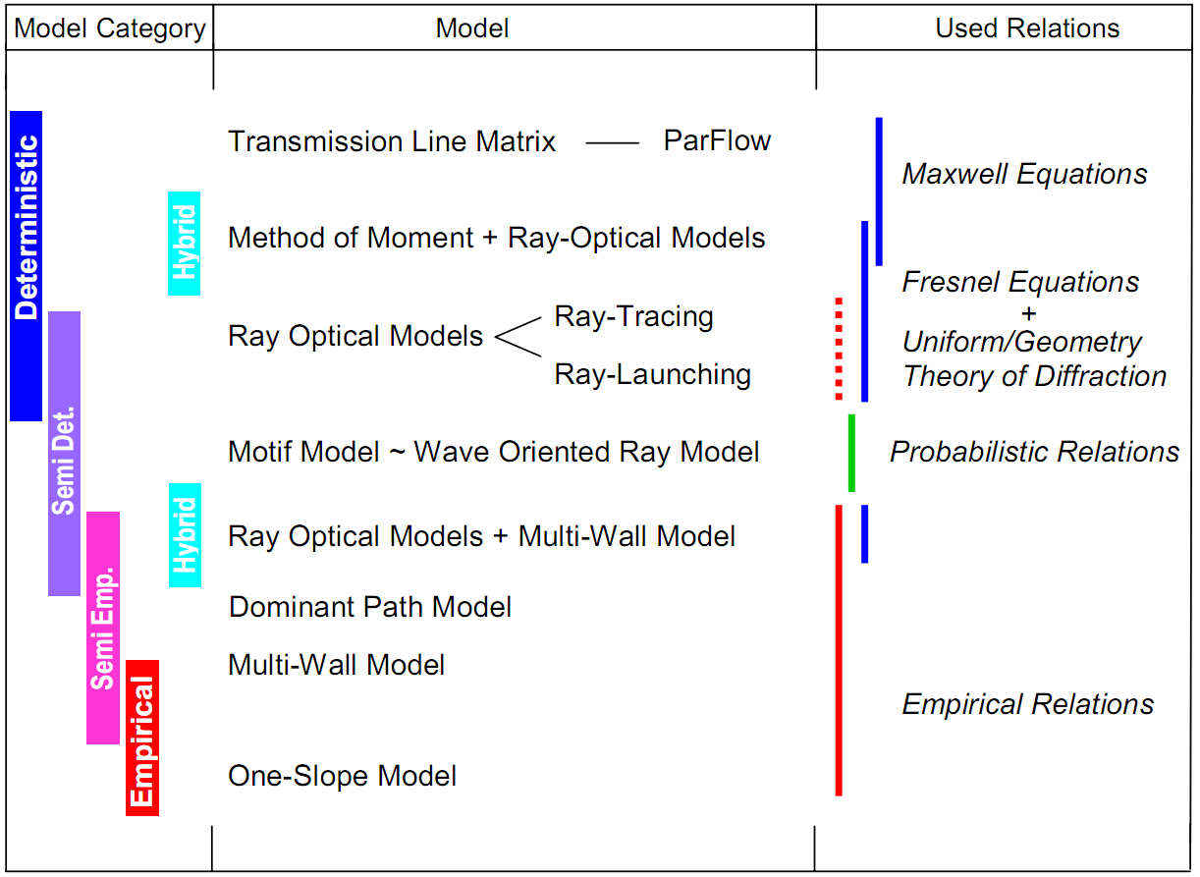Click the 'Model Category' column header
[x=110, y=28]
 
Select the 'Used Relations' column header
[x=1027, y=28]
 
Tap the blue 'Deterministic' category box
[x=27, y=265]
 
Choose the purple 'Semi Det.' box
[x=64, y=453]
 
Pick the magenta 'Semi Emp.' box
[x=103, y=628]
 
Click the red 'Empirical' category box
[x=142, y=738]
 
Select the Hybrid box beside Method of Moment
[x=185, y=244]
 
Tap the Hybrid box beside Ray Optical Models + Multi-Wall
[x=185, y=535]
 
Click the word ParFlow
[x=717, y=140]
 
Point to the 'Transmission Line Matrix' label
[x=392, y=141]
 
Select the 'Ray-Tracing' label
[x=633, y=316]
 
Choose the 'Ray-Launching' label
[x=652, y=374]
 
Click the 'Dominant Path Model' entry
[x=370, y=606]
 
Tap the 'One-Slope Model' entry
[x=342, y=776]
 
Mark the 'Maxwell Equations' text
[x=1024, y=174]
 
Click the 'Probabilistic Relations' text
[x=1034, y=452]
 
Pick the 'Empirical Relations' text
[x=1027, y=704]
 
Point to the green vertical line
[x=851, y=453]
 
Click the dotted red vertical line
[x=839, y=348]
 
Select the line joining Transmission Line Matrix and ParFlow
[x=612, y=143]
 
